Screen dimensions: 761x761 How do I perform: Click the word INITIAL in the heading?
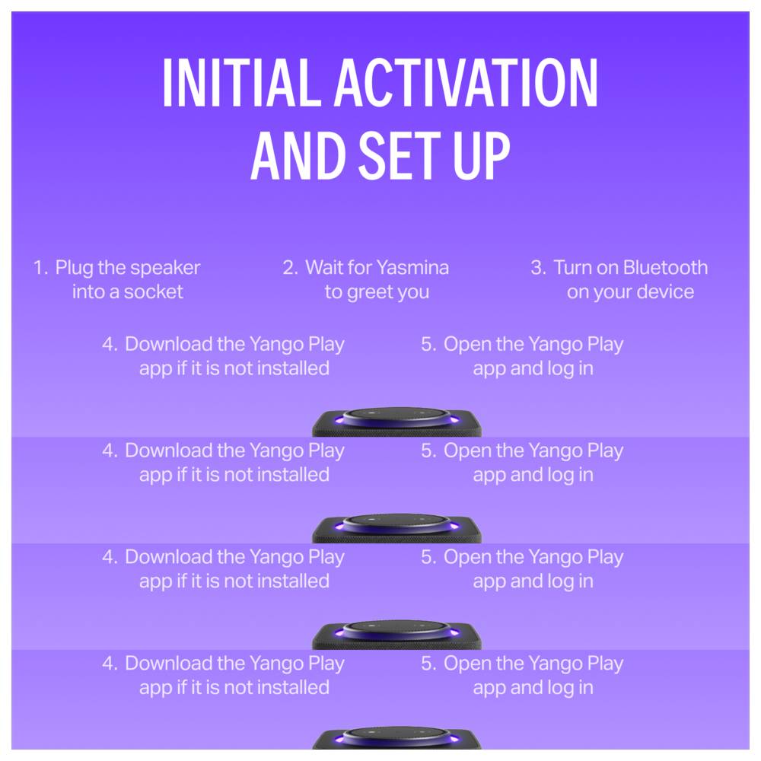242,82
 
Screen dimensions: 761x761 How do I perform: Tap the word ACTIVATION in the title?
466,82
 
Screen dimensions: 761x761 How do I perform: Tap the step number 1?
40,267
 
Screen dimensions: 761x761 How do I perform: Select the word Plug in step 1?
75,269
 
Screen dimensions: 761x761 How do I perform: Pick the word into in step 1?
88,291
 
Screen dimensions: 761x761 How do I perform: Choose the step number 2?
290,267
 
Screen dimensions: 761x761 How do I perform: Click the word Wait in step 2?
324,267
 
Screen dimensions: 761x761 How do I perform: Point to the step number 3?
538,267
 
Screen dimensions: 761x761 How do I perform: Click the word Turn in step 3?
572,267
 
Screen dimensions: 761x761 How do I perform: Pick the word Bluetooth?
665,267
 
